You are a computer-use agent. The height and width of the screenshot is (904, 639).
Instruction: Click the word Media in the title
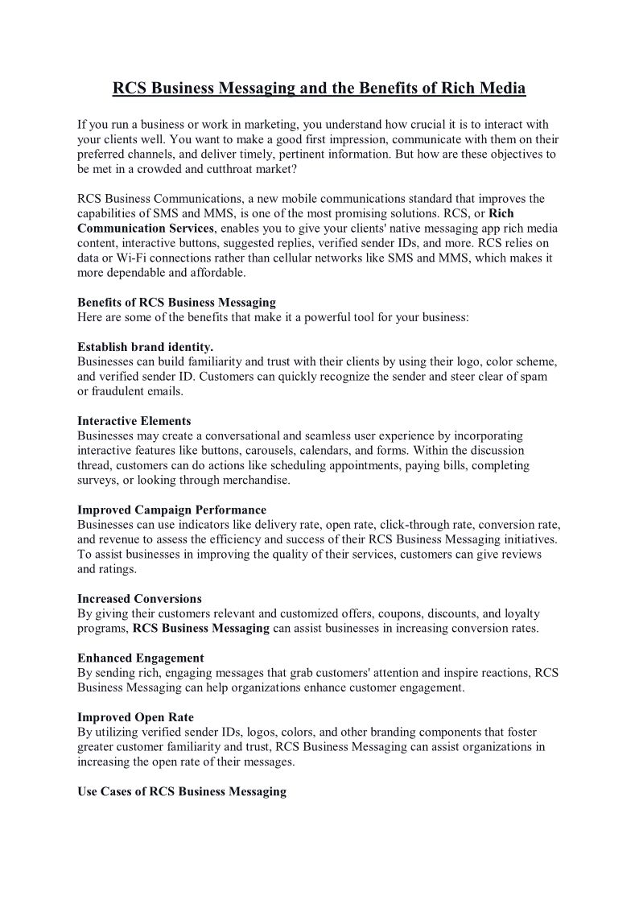coord(501,88)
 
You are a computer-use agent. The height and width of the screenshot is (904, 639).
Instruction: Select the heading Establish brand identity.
coord(145,347)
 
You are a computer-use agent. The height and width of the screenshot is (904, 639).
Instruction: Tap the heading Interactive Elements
coord(134,421)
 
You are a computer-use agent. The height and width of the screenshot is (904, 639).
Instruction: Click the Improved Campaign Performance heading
coord(171,510)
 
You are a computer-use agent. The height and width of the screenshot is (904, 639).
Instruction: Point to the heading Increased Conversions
coord(139,599)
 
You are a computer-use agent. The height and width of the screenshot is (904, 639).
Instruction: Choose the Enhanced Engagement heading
coord(140,658)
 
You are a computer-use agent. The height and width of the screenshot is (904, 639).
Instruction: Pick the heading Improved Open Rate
coord(135,717)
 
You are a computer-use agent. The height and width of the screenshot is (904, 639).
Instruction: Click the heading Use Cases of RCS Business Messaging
coord(182,792)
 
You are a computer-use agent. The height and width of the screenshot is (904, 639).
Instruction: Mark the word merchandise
coord(258,481)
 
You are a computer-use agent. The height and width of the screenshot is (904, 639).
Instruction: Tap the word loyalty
coord(520,613)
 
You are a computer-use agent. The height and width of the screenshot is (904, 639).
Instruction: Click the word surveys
coord(96,481)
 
